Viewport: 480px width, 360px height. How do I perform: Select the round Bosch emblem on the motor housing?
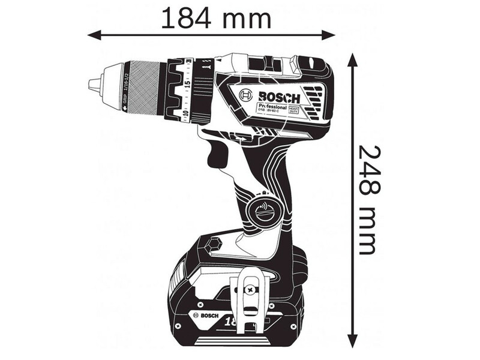[246, 95]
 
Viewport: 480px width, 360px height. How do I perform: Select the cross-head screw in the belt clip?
[249, 290]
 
